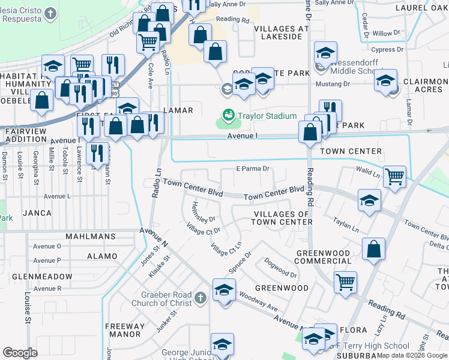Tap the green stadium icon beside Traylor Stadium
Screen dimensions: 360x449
(228, 115)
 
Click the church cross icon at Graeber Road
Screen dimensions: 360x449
(200, 297)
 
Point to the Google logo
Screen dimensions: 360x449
(20, 353)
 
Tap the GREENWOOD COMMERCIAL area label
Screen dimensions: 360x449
(323, 257)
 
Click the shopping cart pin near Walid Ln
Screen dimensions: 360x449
(394, 177)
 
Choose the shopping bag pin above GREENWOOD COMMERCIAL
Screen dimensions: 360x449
(373, 249)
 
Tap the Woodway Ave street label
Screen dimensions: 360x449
(258, 302)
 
